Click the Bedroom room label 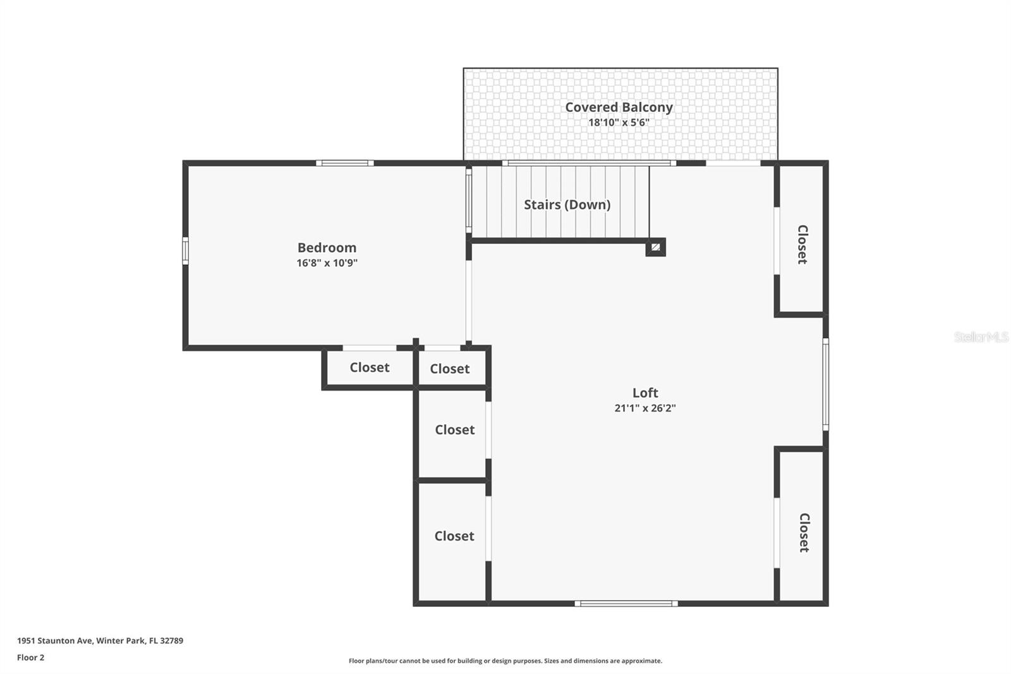[327, 247]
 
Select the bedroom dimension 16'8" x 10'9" [327, 263]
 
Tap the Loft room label [645, 393]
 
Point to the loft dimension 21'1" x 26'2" [645, 408]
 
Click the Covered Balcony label [619, 107]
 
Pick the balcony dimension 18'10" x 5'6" [619, 123]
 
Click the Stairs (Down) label [567, 205]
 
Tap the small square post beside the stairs [655, 247]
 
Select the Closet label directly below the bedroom [370, 367]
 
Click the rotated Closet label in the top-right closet [802, 244]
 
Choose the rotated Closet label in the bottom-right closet [804, 532]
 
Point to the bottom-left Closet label [454, 536]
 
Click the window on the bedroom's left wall [185, 250]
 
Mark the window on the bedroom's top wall [344, 163]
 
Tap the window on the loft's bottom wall [626, 604]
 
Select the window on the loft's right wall [825, 384]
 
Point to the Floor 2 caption [30, 658]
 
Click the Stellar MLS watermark [981, 337]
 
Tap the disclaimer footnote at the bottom [505, 661]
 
